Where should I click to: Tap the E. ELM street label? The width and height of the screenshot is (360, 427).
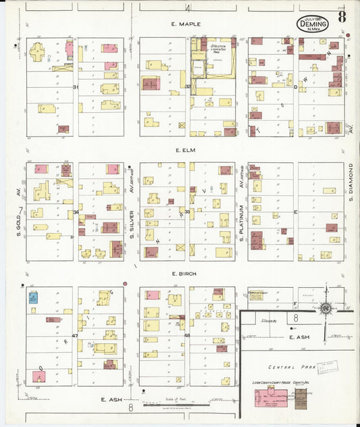coord(184,150)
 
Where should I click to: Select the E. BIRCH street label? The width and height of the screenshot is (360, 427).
coord(182,274)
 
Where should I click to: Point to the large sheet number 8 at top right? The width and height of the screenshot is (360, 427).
coord(342,17)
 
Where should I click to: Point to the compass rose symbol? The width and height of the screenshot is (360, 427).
coord(326,308)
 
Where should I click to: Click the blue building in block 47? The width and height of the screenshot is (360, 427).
coord(32,297)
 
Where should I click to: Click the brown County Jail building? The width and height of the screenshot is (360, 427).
coord(301,401)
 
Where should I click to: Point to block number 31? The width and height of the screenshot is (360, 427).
coord(76,87)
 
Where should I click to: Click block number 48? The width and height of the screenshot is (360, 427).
coord(187,336)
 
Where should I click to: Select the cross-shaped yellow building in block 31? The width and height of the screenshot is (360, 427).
coord(37,52)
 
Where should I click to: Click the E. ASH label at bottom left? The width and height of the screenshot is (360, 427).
coord(111,399)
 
